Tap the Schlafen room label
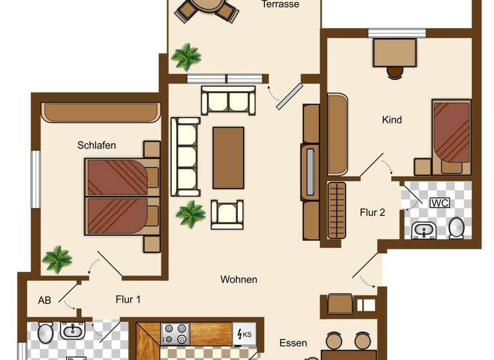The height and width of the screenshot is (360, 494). point(96,145)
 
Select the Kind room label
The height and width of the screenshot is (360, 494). point(392,120)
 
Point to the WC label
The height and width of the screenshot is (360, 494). point(440,203)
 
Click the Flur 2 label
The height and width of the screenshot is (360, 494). point(372,212)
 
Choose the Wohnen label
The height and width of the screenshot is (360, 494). point(239,280)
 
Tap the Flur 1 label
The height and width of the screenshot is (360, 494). point(128,300)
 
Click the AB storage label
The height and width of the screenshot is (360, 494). point(44,300)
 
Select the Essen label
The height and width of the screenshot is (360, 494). point(293,343)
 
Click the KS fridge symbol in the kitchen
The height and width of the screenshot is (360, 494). point(244,334)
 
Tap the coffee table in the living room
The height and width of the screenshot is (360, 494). point(228,157)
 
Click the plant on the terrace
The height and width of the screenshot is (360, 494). point(187,57)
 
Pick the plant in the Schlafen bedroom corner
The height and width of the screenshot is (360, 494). point(57,259)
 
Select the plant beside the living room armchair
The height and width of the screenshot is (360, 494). point(190,213)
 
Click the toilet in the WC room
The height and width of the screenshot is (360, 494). point(457,227)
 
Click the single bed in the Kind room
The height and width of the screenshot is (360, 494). point(451,132)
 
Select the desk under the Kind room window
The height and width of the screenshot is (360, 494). point(394,53)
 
